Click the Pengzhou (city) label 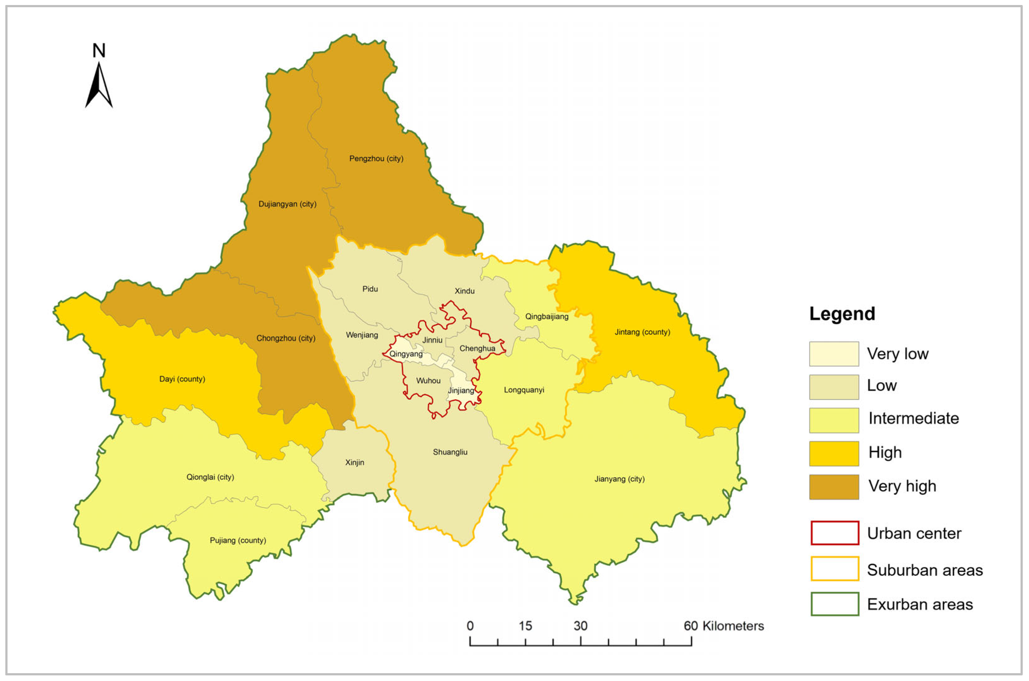point(376,159)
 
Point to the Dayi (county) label point(182,379)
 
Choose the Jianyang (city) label point(619,479)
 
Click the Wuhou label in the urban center point(428,381)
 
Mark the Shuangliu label point(450,452)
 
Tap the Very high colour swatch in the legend point(833,487)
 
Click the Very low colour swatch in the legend point(833,354)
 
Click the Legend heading point(841,314)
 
